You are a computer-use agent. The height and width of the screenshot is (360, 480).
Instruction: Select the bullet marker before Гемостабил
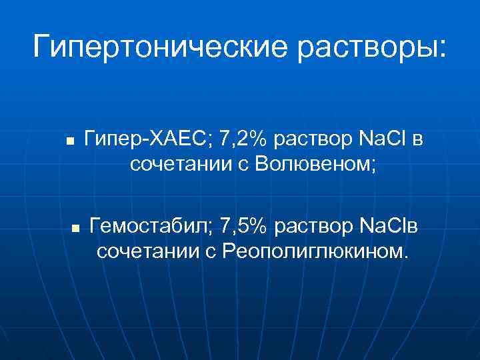coord(75,228)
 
